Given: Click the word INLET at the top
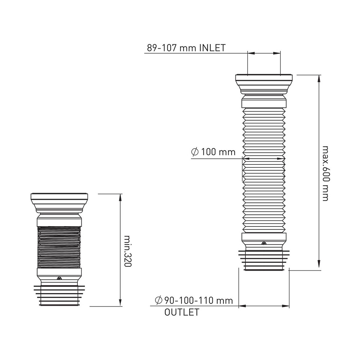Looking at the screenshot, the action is (212, 48).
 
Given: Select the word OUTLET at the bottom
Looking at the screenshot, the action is (182, 312).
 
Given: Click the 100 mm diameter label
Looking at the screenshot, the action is (219, 152).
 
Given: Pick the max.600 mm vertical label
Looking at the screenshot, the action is (325, 174).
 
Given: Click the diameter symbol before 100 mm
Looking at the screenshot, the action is (195, 152).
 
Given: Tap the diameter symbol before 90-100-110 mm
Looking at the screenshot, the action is (158, 300).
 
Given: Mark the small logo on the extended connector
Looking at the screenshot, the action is (264, 243).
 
